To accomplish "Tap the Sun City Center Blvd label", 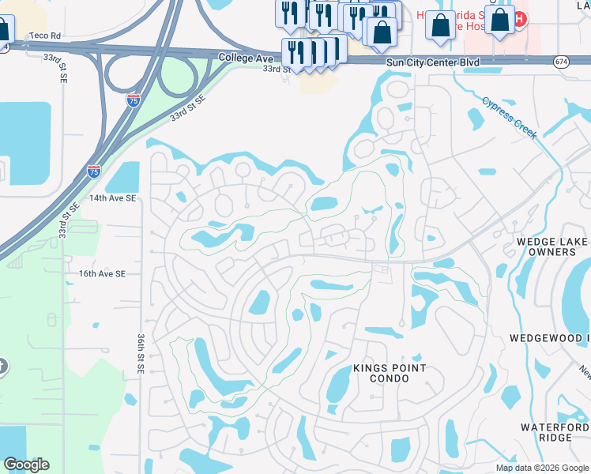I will (x=433, y=62).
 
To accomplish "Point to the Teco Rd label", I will (x=44, y=36).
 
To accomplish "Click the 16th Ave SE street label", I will (x=102, y=273).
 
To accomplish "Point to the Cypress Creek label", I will (x=510, y=117).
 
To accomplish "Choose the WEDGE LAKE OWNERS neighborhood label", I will (x=551, y=246).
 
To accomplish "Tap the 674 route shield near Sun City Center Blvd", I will (x=561, y=62).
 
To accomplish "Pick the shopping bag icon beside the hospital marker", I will (x=499, y=21).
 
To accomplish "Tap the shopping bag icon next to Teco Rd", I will (x=3, y=30).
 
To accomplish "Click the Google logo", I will (x=26, y=465).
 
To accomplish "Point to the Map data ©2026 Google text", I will (x=541, y=468).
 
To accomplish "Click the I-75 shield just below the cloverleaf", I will (x=134, y=100).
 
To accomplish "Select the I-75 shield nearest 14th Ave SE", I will (x=94, y=171).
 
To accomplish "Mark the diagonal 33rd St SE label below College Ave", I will (x=187, y=107).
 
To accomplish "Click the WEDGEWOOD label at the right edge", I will (x=550, y=338).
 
